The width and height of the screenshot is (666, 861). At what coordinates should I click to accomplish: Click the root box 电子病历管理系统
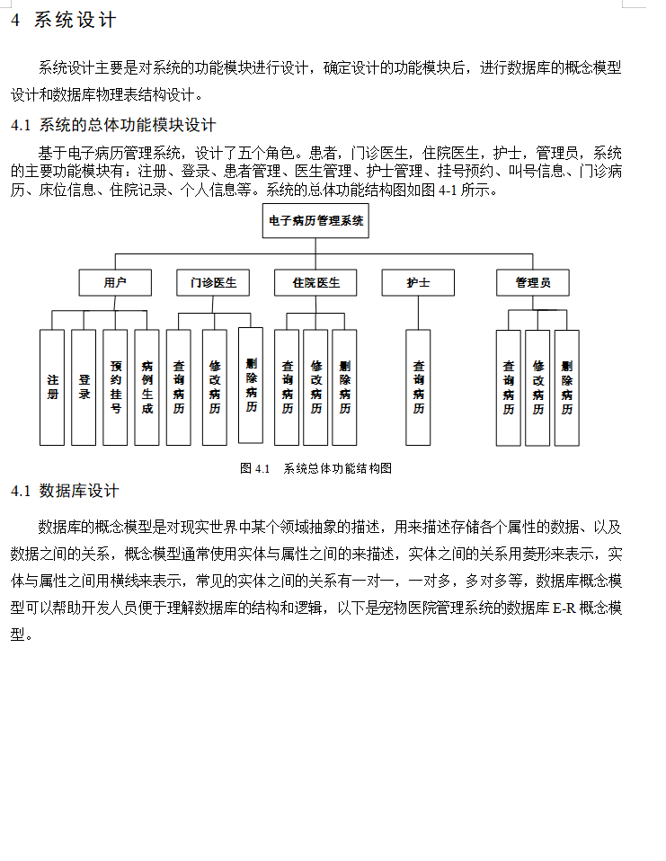[x=315, y=220]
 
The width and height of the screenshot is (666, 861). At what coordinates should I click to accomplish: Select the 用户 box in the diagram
[x=114, y=282]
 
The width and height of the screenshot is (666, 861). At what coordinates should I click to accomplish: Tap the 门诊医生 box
[x=213, y=282]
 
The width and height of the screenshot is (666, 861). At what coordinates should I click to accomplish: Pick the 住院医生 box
[x=315, y=282]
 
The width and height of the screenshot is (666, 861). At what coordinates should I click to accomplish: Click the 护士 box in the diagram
[x=418, y=282]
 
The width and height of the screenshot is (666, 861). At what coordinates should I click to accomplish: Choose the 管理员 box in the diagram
[x=533, y=282]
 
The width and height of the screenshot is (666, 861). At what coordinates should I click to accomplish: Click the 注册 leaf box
[x=52, y=387]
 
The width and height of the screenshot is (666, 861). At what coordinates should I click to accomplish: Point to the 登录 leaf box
[x=84, y=387]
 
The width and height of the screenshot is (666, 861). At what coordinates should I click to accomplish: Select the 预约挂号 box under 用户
[x=115, y=387]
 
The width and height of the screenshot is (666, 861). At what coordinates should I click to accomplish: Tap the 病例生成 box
[x=147, y=387]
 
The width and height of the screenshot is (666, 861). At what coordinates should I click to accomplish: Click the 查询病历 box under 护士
[x=418, y=387]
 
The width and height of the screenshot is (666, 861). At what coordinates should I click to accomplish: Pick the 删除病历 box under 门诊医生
[x=251, y=385]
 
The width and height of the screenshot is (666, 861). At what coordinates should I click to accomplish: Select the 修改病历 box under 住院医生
[x=315, y=387]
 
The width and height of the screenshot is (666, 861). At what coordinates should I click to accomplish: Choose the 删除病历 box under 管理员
[x=566, y=387]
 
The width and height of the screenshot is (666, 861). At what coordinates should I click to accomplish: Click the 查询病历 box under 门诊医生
[x=178, y=387]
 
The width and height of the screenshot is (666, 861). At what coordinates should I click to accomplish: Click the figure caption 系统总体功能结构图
[x=337, y=468]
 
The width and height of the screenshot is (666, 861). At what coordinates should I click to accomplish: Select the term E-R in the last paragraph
[x=564, y=608]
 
